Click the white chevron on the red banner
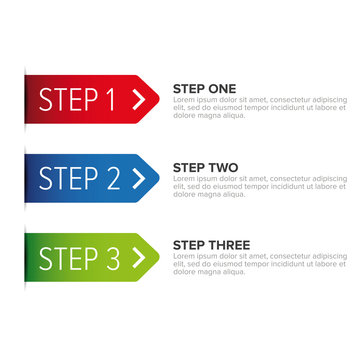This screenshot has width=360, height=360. click(138, 98)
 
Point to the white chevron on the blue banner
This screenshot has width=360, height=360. click(138, 178)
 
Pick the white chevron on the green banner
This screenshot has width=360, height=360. click(138, 257)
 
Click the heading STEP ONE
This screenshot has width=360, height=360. click(204, 88)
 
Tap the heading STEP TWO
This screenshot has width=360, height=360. click(205, 167)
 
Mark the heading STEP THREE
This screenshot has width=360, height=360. click(211, 245)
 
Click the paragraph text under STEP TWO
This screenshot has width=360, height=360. click(259, 186)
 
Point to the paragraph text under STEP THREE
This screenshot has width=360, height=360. click(259, 264)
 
